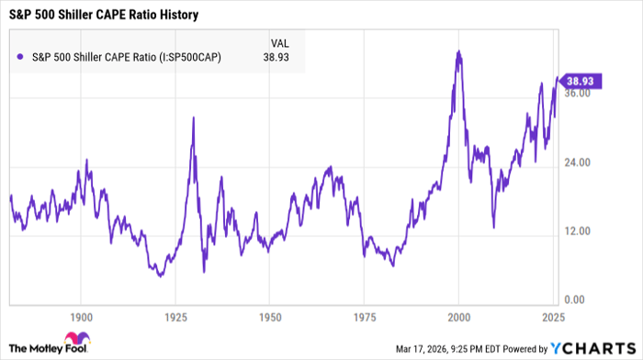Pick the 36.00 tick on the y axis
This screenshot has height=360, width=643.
[x=580, y=94]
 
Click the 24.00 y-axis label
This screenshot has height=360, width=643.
[x=580, y=163]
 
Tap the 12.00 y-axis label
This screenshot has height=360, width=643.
[x=580, y=231]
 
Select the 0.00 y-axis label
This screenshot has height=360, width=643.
[x=577, y=300]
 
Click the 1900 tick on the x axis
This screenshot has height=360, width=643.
[x=81, y=314]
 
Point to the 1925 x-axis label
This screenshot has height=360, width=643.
[x=175, y=314]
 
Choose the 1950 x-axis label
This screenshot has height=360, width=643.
[x=269, y=314]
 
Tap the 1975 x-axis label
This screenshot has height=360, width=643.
[x=364, y=314]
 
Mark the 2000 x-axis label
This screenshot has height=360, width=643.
[x=458, y=314]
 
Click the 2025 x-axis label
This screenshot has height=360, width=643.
[x=552, y=314]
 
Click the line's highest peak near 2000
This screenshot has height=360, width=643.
[x=458, y=51]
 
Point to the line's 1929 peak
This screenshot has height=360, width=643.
[x=193, y=118]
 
